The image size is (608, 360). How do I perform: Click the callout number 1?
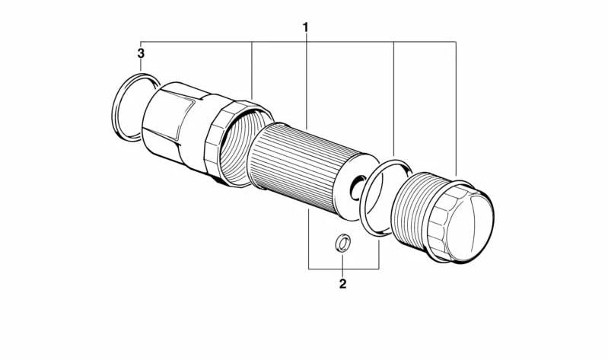306,28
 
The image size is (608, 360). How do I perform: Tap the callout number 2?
342,284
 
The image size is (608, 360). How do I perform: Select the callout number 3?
141,53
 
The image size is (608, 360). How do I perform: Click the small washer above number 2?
342,243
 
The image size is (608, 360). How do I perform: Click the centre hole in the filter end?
358,188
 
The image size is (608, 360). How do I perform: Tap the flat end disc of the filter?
355,186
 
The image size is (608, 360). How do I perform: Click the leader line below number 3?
141,65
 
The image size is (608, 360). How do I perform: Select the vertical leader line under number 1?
307,82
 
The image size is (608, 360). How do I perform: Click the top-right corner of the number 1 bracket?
456,42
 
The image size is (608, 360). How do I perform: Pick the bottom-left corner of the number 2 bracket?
309,269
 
